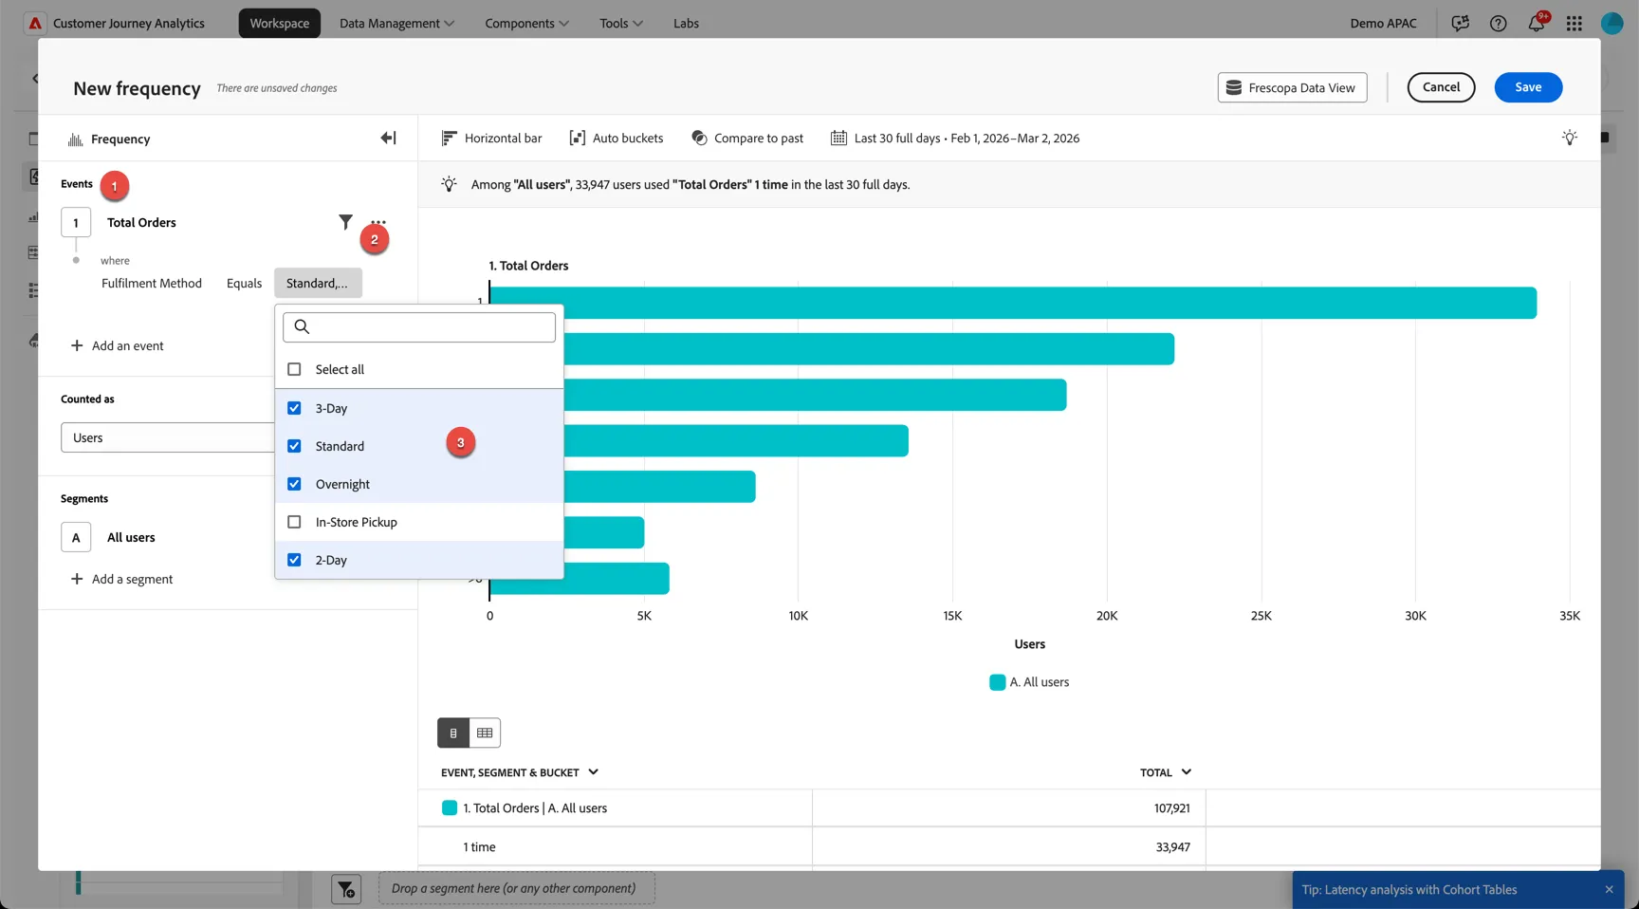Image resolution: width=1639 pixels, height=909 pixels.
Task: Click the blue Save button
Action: coord(1528,87)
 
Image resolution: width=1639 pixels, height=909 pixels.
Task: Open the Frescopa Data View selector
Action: coord(1292,87)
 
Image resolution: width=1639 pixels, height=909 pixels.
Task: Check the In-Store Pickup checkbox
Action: coord(294,522)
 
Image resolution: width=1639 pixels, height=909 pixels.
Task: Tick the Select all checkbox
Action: coord(294,369)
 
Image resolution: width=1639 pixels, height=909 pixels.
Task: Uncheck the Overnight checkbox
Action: coord(294,484)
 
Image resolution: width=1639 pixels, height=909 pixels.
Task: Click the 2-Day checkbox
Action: coord(294,560)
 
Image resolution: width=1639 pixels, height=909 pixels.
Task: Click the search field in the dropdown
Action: coord(419,327)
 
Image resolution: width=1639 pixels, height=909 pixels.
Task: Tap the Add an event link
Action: coord(118,346)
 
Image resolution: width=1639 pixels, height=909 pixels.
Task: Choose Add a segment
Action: coord(122,579)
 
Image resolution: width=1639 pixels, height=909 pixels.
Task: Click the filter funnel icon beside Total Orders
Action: coord(345,222)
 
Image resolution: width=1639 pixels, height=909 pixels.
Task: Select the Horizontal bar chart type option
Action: coord(491,139)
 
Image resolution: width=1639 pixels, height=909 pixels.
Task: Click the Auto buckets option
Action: coord(616,139)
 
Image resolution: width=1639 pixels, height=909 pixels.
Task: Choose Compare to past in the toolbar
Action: coord(747,139)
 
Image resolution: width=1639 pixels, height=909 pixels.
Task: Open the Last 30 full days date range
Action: coord(955,139)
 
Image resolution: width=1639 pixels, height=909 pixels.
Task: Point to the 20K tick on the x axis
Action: coord(1107,616)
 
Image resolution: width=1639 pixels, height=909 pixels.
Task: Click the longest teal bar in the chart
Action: coord(1013,303)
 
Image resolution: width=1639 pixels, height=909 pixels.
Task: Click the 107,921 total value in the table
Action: coord(1172,808)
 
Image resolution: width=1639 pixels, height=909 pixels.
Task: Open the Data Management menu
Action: coord(396,24)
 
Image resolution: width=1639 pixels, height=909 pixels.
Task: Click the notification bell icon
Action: coord(1537,23)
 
